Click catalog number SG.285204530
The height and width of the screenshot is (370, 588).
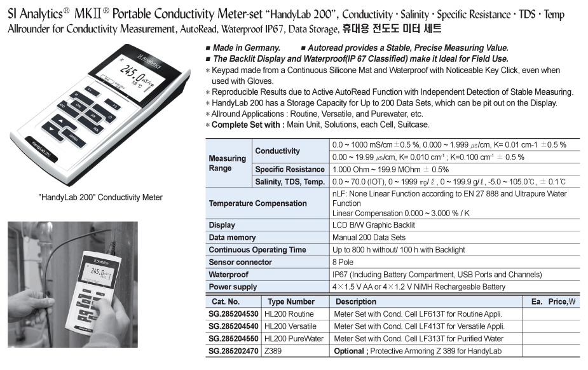pyautogui.click(x=233, y=314)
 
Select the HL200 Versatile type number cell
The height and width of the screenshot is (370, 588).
pyautogui.click(x=289, y=326)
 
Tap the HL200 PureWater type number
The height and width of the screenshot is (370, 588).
pyautogui.click(x=294, y=339)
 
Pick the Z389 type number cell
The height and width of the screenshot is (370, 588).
pyautogui.click(x=273, y=351)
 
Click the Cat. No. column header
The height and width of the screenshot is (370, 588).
pyautogui.click(x=226, y=301)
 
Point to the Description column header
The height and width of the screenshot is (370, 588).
pyautogui.click(x=356, y=301)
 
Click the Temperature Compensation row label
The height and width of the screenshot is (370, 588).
pyautogui.click(x=257, y=203)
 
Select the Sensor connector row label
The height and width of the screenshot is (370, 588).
pyautogui.click(x=240, y=262)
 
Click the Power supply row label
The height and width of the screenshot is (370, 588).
pyautogui.click(x=233, y=287)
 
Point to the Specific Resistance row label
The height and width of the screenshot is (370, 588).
pyautogui.click(x=289, y=170)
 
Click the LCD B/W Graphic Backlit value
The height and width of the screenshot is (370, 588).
pyautogui.click(x=373, y=225)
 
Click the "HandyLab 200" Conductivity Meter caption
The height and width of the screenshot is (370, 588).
pyautogui.click(x=100, y=198)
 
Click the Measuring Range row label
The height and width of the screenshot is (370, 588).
pyautogui.click(x=227, y=163)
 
